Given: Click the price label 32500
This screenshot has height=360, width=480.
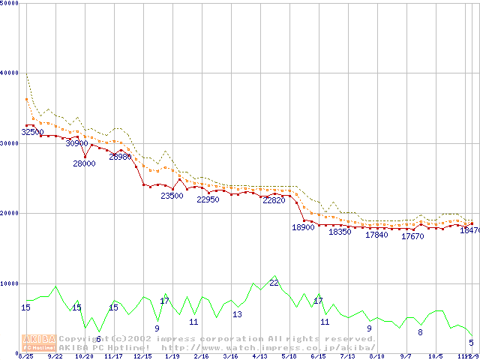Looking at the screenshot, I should pos(32,132).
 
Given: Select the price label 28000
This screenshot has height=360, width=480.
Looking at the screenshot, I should pos(84,163).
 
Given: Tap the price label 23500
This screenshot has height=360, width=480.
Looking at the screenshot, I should pos(172,196).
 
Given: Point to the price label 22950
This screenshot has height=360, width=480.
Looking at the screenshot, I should pos(208,200).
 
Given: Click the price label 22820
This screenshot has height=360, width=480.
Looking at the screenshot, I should pos(274,200).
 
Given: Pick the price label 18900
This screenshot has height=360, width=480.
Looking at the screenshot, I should pos(303,227).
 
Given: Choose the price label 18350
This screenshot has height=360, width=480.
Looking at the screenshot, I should pos(340,232).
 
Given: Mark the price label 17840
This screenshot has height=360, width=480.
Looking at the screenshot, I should pos(376,235).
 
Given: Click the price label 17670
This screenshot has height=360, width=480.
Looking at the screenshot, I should pos(412,237).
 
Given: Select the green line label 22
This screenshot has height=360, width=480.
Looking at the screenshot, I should pos(274,283).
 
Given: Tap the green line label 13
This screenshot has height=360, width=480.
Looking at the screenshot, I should pos(237,314).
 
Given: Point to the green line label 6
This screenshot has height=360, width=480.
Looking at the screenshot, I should pos(98,339).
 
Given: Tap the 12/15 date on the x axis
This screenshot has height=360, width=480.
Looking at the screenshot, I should pos(142,356).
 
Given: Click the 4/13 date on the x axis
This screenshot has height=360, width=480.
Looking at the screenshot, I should pos(259,356).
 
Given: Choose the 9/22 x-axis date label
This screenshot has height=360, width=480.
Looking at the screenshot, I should pos(55,356).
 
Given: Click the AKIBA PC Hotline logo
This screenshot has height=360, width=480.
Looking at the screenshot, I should pos(39,342).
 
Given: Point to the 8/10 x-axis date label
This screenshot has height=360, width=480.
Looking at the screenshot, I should pos(377,356).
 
